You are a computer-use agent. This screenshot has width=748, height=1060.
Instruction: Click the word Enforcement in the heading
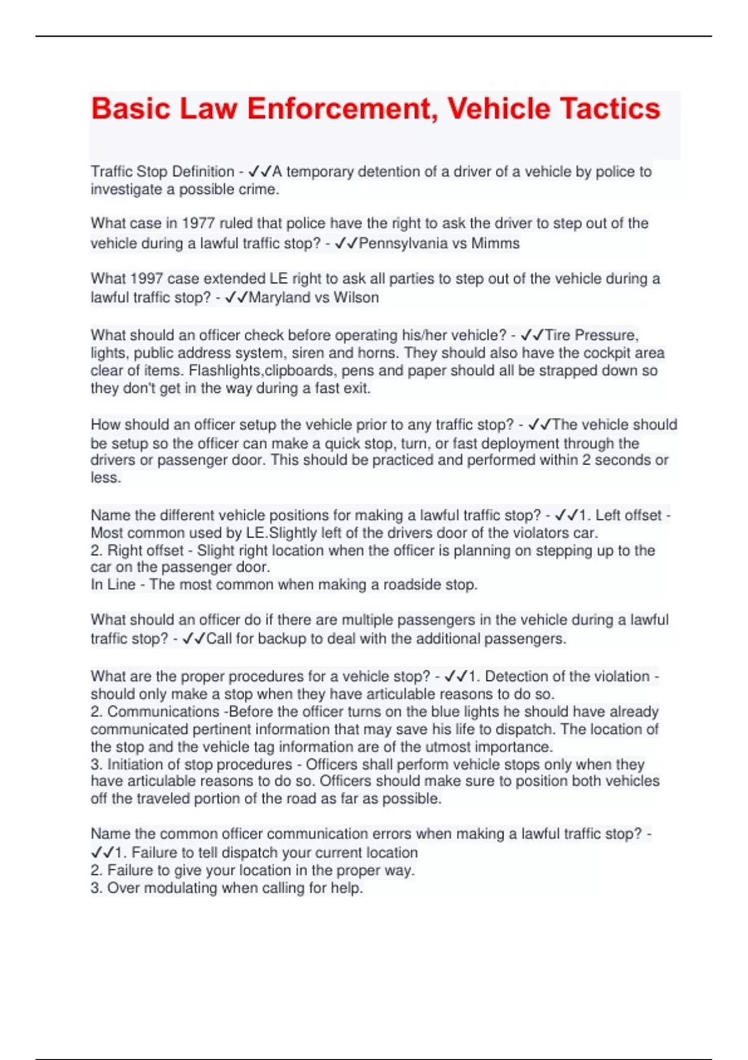click(342, 108)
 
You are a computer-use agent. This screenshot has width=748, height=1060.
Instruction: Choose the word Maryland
click(279, 297)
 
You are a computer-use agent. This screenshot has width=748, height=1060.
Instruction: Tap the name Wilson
click(356, 297)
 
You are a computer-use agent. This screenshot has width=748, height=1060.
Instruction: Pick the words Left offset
click(628, 516)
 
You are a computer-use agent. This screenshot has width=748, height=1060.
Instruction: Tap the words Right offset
click(146, 551)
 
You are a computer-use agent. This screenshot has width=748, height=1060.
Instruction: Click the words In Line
click(113, 585)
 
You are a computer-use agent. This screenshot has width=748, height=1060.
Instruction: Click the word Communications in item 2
click(163, 711)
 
